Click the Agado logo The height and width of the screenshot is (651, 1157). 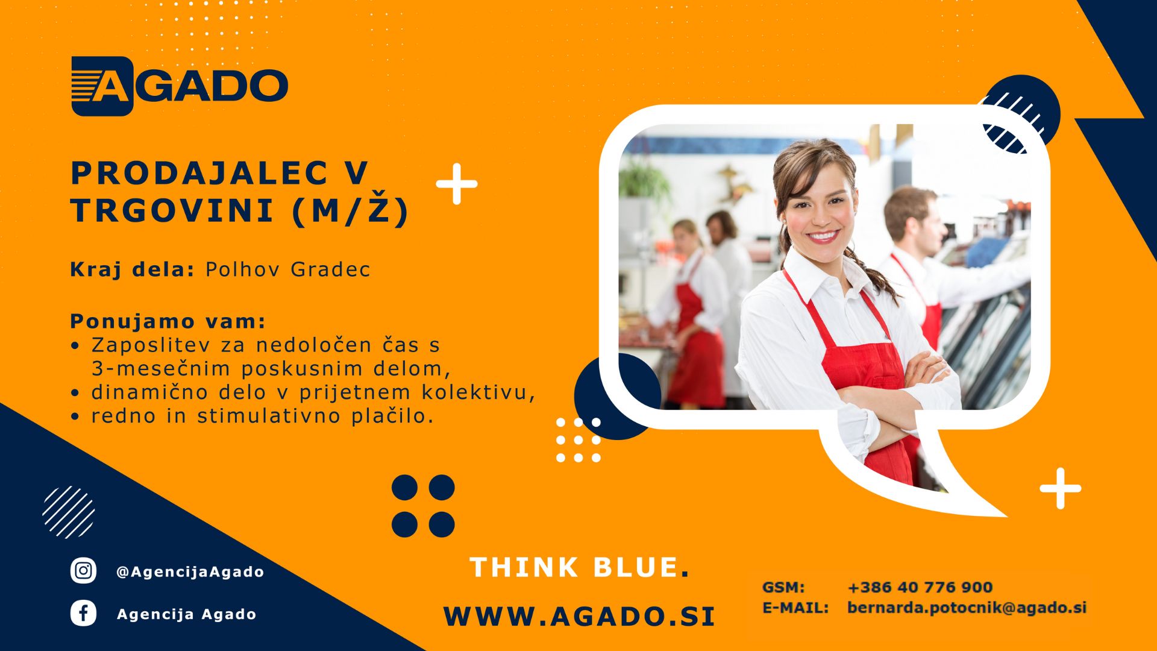coord(180,86)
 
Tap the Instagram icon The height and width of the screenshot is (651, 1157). coord(83,570)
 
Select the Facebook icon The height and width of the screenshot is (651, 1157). coord(83,614)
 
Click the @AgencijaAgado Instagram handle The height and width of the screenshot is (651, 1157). coord(190,571)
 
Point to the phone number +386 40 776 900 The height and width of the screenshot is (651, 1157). coord(920,587)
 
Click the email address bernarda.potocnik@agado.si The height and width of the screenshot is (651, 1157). coord(967,608)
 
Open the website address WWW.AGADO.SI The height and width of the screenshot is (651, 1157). coord(579,616)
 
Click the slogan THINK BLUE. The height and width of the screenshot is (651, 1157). coord(579,567)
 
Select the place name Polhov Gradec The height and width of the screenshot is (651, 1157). coord(287,269)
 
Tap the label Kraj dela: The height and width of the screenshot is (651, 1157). coord(133,269)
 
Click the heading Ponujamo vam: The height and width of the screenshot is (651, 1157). coord(168,321)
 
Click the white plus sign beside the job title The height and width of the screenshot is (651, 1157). coord(457,184)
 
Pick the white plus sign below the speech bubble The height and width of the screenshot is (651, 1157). coord(1061,488)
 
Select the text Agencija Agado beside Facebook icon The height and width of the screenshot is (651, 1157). coord(187,614)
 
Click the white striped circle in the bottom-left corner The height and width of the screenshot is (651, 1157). coord(69,512)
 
